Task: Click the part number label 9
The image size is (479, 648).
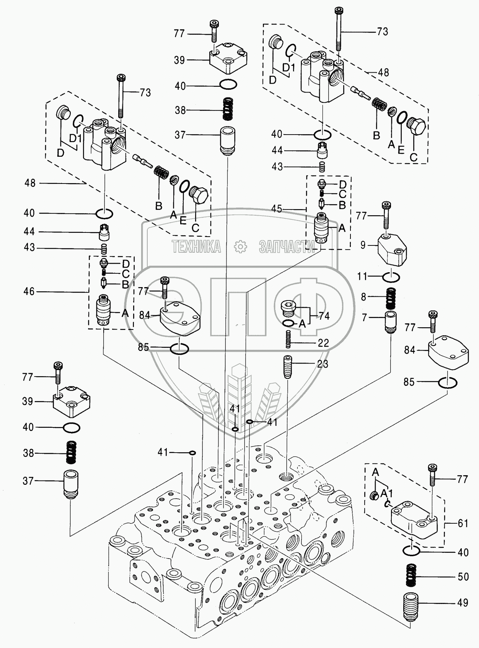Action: click(363, 244)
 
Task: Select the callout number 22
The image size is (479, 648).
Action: click(323, 343)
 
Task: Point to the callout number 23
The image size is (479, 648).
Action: click(323, 364)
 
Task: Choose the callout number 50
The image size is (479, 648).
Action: click(463, 577)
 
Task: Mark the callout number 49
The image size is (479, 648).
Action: click(463, 603)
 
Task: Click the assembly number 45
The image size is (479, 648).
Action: click(277, 209)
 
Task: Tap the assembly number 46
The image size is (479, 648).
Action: click(29, 292)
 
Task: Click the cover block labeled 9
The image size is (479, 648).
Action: click(392, 250)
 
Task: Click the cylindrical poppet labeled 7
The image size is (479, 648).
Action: click(390, 322)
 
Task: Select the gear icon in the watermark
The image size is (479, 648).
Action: click(240, 247)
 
